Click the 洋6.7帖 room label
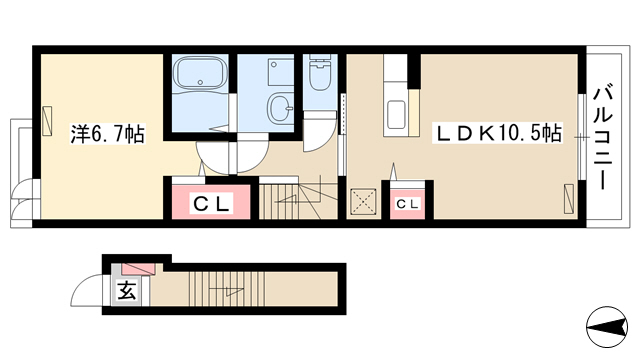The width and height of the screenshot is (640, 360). tap(108, 134)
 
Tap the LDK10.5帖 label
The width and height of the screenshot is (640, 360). tap(498, 133)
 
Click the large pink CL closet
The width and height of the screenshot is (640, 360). tap(211, 202)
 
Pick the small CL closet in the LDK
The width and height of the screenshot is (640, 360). tap(407, 204)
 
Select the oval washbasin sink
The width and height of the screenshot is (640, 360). tap(280, 107)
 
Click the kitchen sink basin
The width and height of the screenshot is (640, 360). tap(396, 115)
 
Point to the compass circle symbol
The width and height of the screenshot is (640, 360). tap(606, 326)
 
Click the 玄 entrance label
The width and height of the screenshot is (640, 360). tap(127, 290)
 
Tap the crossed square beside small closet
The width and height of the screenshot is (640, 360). tap(363, 201)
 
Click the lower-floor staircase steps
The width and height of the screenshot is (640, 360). tap(227, 289)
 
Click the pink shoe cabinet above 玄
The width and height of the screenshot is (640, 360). tap(139, 268)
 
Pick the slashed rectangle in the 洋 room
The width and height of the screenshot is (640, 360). tap(47, 120)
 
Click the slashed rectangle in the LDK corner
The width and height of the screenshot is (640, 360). tap(569, 198)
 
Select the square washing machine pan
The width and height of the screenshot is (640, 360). tap(281, 72)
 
